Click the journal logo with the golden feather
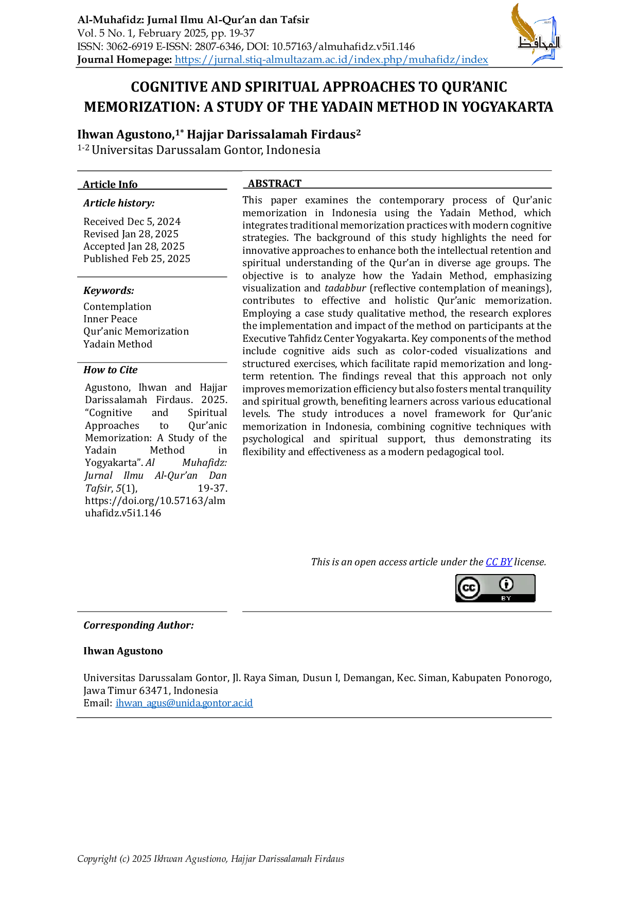tap(535, 34)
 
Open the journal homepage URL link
tap(331, 60)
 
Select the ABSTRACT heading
tap(275, 184)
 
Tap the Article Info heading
tap(110, 184)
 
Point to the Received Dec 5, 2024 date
tap(132, 221)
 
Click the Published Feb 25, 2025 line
tap(137, 258)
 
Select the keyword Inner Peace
tap(110, 319)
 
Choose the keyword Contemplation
tap(117, 306)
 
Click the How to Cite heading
tap(111, 370)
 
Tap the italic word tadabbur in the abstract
tap(345, 288)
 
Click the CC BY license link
tap(499, 562)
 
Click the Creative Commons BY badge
tap(495, 588)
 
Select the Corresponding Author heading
tap(139, 625)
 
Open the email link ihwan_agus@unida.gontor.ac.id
tap(184, 703)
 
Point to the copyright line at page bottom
tap(211, 859)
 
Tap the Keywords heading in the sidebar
tap(109, 290)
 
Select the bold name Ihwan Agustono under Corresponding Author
tap(123, 651)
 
